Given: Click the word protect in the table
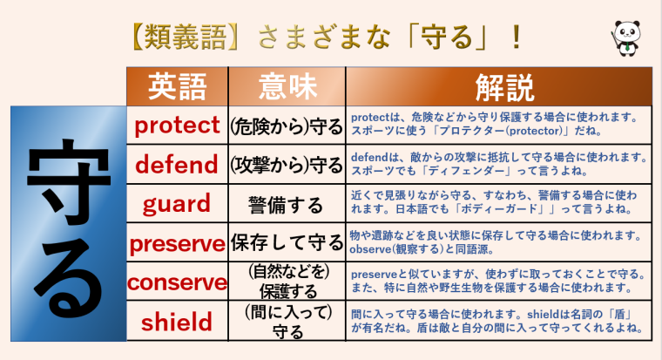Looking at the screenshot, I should [x=177, y=126].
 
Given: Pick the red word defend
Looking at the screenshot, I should [x=177, y=165].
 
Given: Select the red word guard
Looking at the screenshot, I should [x=177, y=204].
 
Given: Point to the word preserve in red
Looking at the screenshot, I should [x=177, y=243].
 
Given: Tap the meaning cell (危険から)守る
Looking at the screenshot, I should [x=287, y=126].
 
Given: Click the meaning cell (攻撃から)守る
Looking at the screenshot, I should [x=287, y=165].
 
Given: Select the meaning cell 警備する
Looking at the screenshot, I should [x=287, y=205].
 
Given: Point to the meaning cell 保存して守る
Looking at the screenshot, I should [x=287, y=243].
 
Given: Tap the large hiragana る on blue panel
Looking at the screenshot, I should [x=65, y=279].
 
